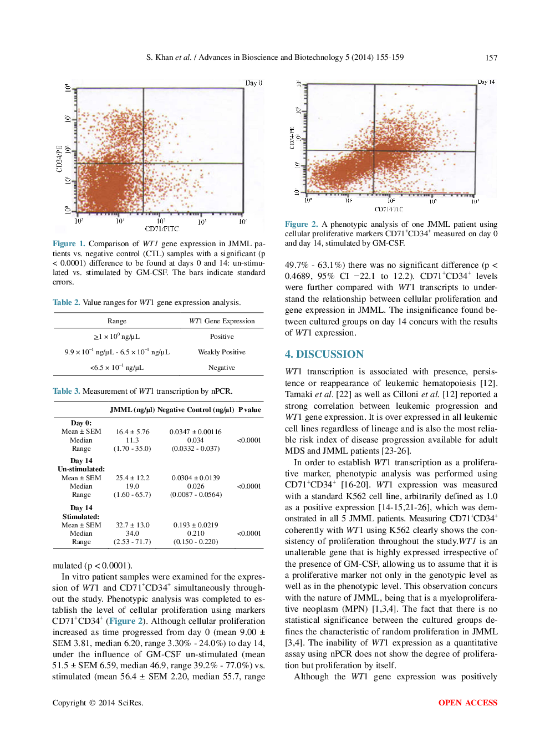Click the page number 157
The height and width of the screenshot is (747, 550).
coord(491,58)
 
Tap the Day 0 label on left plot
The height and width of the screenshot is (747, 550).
coord(253,83)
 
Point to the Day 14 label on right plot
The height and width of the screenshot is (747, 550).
coord(486,82)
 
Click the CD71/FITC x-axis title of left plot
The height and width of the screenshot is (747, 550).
coord(161,228)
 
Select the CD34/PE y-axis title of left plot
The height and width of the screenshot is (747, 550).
coord(59,159)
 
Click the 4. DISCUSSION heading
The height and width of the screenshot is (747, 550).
coord(324,354)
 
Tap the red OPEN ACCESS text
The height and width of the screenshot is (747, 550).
coord(467,703)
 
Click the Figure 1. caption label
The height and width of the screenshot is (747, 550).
coord(69,243)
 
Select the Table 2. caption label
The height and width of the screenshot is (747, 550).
coord(66,302)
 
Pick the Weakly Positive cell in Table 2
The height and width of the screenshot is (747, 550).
coord(221,352)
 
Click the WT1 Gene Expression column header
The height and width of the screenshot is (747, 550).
coord(222,321)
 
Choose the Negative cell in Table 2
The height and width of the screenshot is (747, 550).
coord(221,368)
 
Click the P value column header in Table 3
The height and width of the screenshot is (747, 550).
coord(249,410)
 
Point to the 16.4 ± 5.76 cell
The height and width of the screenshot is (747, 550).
coord(133,431)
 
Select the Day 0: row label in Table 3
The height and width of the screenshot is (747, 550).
coord(81,423)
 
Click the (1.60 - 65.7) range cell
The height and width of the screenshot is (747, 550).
coord(132,495)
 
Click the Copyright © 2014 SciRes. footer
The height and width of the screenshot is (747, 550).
coord(98,703)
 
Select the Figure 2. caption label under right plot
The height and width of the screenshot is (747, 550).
coord(301,224)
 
